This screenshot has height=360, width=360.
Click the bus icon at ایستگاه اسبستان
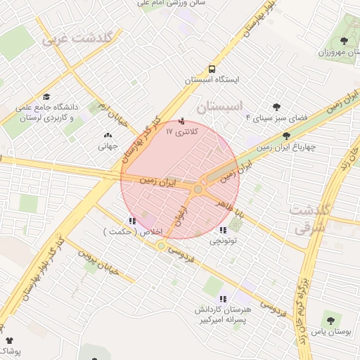point(212,69)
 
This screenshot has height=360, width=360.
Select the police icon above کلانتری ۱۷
point(183,120)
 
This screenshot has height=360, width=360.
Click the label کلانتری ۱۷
point(182,131)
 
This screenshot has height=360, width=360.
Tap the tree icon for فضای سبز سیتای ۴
point(276,107)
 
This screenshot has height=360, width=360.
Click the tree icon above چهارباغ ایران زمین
point(285,136)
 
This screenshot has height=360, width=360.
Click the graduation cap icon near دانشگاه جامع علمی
point(46,96)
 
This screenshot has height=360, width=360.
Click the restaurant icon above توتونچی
point(223,230)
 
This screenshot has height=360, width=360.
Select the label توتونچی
point(223,241)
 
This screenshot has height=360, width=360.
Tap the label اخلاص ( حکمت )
point(134,231)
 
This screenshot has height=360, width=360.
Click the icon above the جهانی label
point(107,136)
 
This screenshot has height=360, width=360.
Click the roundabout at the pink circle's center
point(198,189)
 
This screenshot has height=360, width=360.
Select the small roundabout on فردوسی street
point(162,245)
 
